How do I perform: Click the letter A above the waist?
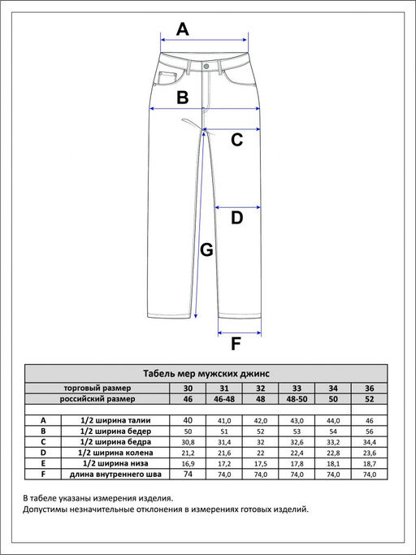[183, 29]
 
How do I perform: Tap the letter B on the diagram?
[183, 98]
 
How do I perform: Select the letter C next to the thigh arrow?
[237, 140]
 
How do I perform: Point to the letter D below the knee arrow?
[237, 218]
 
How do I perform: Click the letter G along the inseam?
[206, 250]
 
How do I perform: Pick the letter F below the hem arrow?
[236, 344]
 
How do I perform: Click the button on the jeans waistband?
[206, 66]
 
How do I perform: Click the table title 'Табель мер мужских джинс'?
[206, 374]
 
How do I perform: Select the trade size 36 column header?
[369, 388]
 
